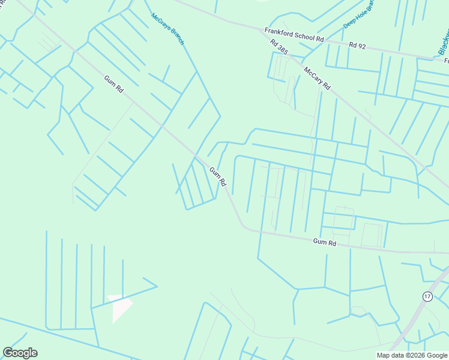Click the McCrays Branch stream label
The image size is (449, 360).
pos(167,29)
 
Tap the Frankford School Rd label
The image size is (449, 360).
pos(294,34)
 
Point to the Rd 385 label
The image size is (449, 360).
pos(279,48)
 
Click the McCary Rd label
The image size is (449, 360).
pos(317,78)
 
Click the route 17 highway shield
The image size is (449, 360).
pos(427,296)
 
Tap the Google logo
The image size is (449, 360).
pos(20,353)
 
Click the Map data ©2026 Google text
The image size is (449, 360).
pos(412,355)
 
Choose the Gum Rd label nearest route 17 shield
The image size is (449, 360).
pos(325,242)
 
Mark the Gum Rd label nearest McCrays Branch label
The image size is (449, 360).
pos(113,83)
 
